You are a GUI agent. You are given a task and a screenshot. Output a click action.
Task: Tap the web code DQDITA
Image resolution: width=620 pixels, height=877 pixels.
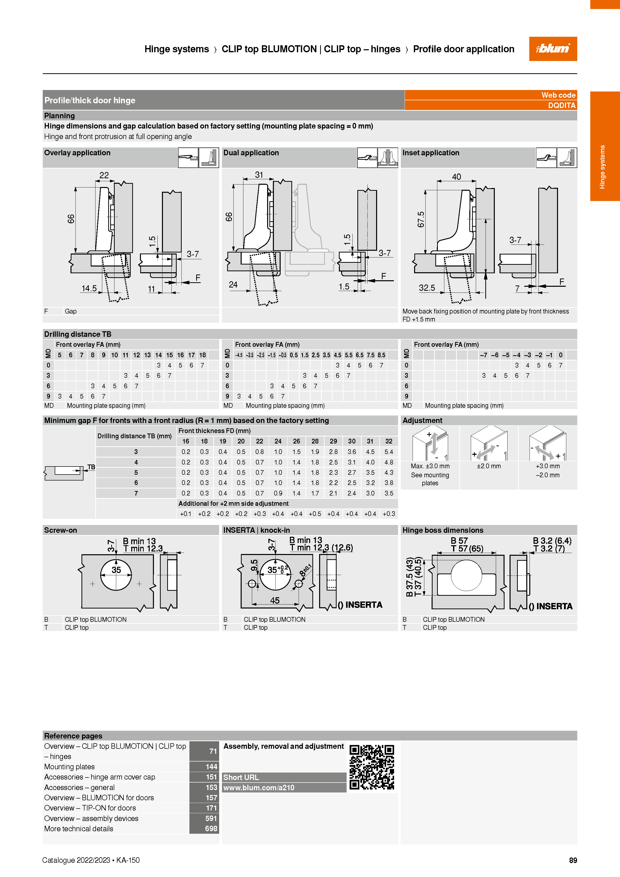[x=562, y=105]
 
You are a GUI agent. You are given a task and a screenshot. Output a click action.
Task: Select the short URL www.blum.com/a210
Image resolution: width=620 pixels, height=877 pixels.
[x=259, y=787]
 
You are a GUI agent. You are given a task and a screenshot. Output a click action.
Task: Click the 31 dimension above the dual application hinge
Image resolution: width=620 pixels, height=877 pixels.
[x=259, y=174]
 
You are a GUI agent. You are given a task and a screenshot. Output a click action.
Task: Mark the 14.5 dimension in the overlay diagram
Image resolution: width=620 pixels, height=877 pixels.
[x=89, y=288]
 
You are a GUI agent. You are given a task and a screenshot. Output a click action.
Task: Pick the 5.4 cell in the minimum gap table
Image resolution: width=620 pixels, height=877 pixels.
[x=389, y=452]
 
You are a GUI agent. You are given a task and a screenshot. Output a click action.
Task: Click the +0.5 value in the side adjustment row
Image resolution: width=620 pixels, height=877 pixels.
[x=315, y=514]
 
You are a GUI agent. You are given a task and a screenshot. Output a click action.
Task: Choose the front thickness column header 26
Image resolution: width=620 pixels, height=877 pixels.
[x=297, y=441]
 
